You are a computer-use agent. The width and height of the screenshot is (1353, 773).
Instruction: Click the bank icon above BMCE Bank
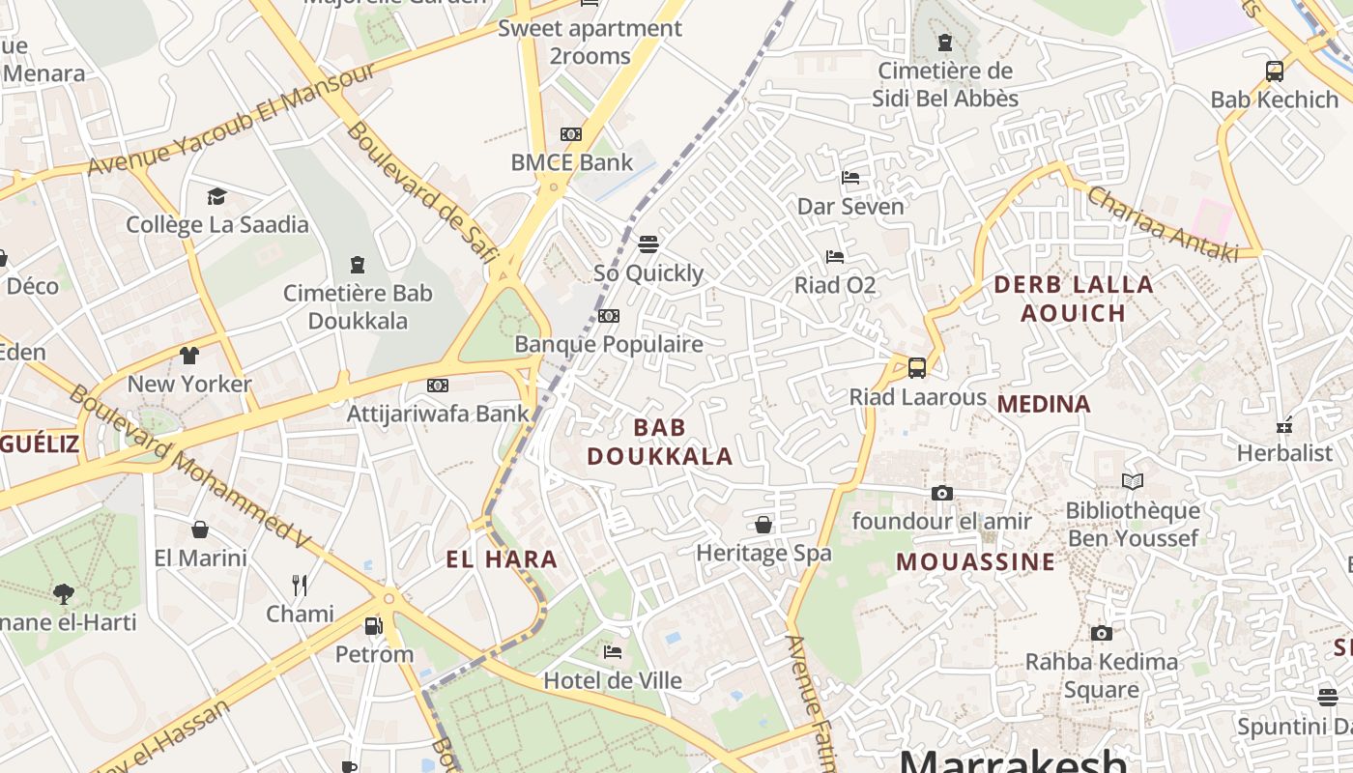tap(571, 134)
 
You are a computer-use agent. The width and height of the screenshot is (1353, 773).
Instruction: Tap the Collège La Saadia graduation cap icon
tap(216, 197)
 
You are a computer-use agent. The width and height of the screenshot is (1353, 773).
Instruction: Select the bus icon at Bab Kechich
tap(1275, 71)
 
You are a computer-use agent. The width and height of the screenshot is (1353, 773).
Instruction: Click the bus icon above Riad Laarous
tap(917, 368)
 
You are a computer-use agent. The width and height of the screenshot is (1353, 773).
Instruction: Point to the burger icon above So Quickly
tap(648, 244)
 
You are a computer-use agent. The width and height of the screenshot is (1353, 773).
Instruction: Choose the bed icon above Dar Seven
tap(850, 178)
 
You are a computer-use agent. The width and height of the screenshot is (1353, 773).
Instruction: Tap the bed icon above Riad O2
tap(835, 257)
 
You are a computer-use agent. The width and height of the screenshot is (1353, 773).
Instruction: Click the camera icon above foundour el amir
tap(941, 494)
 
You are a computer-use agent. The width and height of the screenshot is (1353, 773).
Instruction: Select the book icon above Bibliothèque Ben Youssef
tap(1133, 481)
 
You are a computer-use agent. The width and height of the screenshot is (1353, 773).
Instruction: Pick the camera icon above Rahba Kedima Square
tap(1101, 634)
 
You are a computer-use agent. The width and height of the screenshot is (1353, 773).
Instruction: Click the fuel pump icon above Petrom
tap(373, 626)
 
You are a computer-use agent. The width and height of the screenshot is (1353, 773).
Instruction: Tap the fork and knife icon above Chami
tap(300, 585)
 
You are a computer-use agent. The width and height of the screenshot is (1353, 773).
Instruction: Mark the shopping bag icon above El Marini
tap(200, 530)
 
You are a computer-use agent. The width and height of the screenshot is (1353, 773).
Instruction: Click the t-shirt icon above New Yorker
tap(189, 356)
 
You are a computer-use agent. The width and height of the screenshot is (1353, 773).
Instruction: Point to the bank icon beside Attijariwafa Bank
tap(438, 386)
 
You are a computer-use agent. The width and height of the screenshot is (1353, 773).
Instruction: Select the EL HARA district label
tap(502, 558)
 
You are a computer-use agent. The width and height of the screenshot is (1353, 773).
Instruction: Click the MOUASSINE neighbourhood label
tap(975, 561)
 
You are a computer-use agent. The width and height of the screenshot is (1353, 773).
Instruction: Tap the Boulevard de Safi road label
tap(421, 191)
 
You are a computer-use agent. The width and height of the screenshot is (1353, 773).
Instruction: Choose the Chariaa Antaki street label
tap(1163, 223)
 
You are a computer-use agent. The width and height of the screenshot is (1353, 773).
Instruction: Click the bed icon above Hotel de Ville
tap(613, 652)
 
